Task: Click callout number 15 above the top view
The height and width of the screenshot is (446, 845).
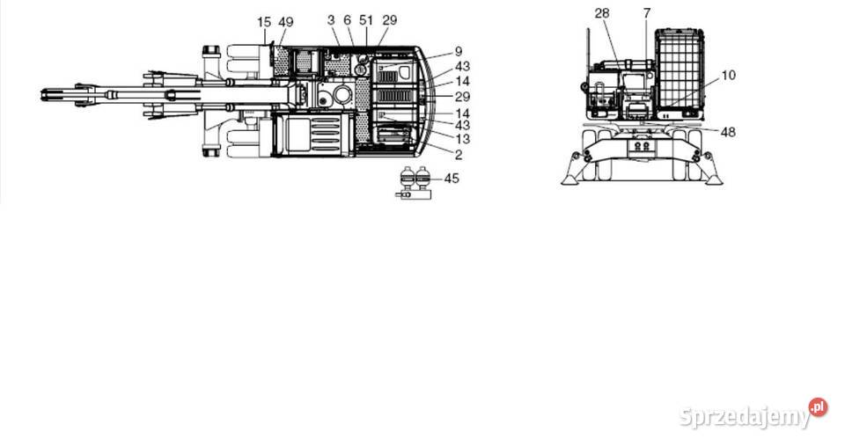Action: (264, 21)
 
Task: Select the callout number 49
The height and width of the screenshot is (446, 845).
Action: (286, 21)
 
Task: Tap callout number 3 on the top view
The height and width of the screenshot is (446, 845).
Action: (330, 19)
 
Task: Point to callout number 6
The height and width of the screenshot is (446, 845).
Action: (347, 19)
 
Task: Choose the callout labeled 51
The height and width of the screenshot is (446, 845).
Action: (367, 19)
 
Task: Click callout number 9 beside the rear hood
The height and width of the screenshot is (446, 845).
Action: (459, 51)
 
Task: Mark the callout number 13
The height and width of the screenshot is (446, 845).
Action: (462, 139)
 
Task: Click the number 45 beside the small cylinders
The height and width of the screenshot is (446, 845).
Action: (452, 178)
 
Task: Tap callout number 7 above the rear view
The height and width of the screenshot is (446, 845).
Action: (646, 13)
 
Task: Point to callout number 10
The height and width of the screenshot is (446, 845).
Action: (728, 76)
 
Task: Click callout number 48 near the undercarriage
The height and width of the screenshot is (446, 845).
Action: (728, 133)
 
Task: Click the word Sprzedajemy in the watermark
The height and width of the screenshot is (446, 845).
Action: (745, 417)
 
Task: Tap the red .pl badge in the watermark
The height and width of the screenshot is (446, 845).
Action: (819, 406)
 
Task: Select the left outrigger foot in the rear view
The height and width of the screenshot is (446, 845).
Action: (569, 179)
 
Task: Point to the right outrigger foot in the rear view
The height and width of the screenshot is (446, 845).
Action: (713, 179)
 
